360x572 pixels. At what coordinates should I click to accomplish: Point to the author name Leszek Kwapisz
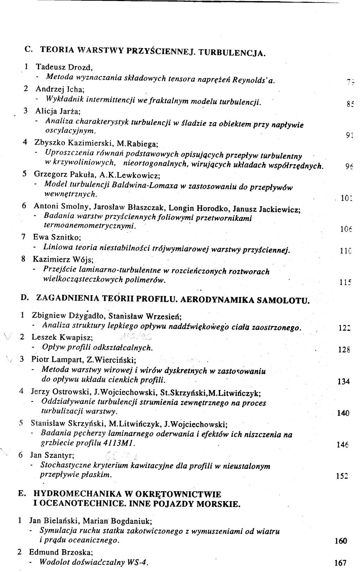point(62,337)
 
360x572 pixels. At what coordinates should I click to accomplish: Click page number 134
point(343,382)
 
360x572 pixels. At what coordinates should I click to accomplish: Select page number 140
point(343,413)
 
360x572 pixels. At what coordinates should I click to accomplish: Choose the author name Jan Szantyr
point(52,455)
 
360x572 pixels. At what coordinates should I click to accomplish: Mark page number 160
point(341,541)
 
